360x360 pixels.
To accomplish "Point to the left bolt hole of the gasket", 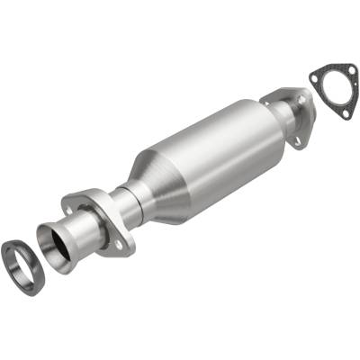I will pyautogui.click(x=315, y=76).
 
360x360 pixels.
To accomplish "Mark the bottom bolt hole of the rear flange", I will pyautogui.click(x=296, y=140).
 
